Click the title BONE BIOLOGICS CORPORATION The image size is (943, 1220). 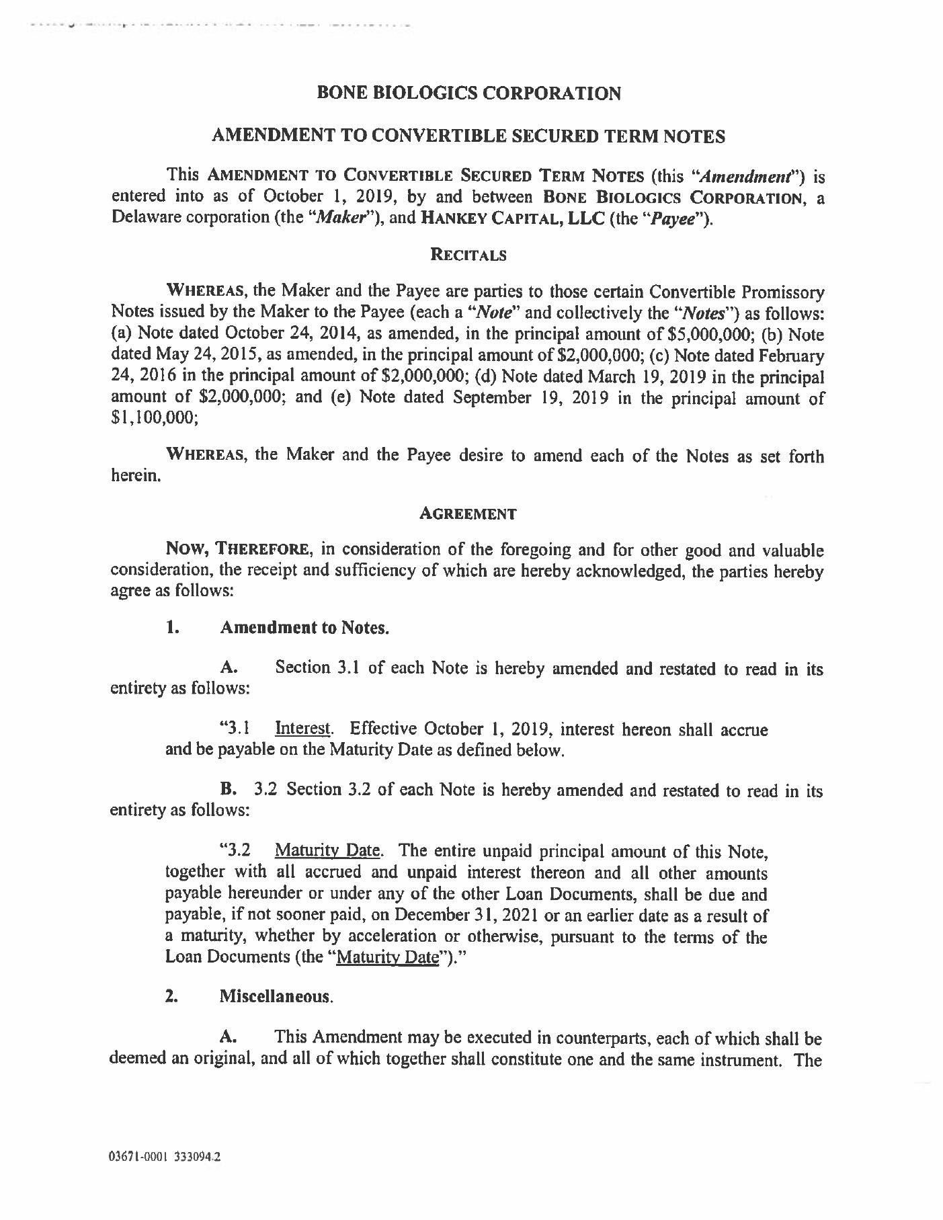coord(468,93)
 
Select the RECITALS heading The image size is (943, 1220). coord(468,255)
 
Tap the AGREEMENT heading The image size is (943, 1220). coord(468,514)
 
